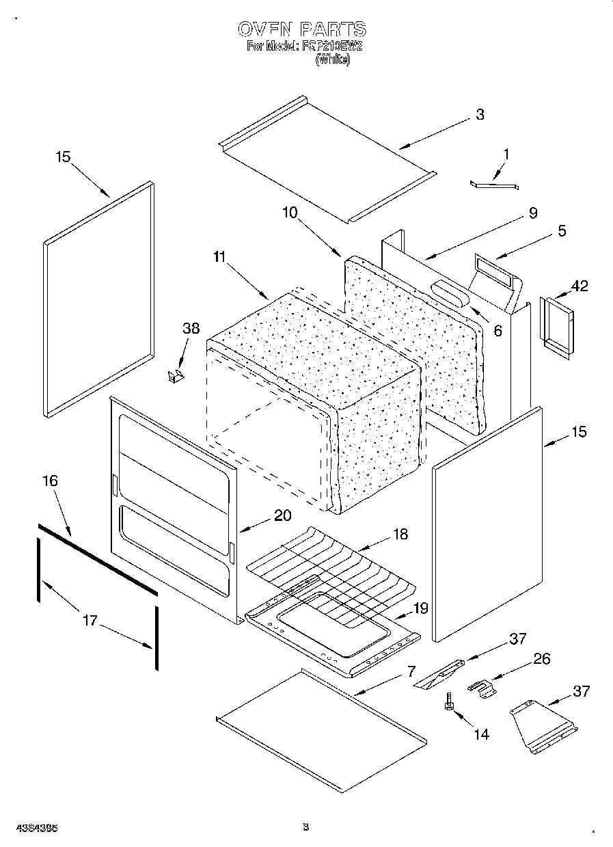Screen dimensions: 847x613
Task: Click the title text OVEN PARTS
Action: point(301,29)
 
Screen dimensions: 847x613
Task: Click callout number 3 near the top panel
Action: point(480,114)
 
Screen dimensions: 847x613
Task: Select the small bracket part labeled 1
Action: point(494,183)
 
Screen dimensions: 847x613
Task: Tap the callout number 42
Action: point(579,286)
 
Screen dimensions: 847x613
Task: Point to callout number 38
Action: point(191,328)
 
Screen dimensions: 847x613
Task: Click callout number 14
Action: point(481,734)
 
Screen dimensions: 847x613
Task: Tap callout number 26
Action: point(541,659)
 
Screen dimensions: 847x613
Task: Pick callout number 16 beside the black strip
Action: point(49,481)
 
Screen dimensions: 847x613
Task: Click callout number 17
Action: point(90,621)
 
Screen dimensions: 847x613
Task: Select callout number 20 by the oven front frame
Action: point(282,515)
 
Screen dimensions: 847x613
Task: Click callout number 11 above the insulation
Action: point(219,257)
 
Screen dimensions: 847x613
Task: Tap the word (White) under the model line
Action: point(333,59)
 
